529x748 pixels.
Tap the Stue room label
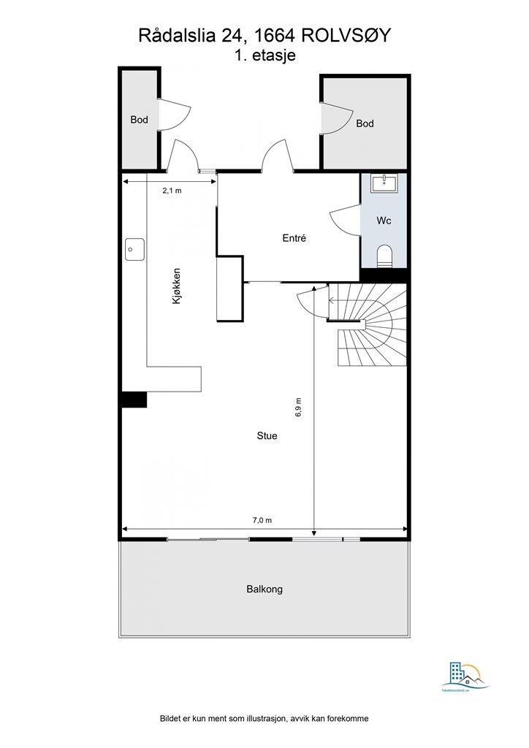pyautogui.click(x=267, y=436)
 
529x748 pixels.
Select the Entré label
pyautogui.click(x=294, y=238)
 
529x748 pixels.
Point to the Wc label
pyautogui.click(x=384, y=220)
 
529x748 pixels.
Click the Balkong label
pyautogui.click(x=264, y=589)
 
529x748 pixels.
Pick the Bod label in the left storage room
pyautogui.click(x=139, y=120)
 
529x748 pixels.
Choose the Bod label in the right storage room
pyautogui.click(x=365, y=123)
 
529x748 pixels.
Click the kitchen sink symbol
pyautogui.click(x=134, y=249)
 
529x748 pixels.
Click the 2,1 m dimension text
pyautogui.click(x=172, y=191)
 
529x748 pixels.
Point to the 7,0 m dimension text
pyautogui.click(x=262, y=520)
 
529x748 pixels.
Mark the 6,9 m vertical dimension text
pyautogui.click(x=298, y=407)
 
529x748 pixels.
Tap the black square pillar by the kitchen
pyautogui.click(x=134, y=400)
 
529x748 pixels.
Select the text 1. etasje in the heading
pyautogui.click(x=264, y=55)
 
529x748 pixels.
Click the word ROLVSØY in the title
pyautogui.click(x=347, y=36)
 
